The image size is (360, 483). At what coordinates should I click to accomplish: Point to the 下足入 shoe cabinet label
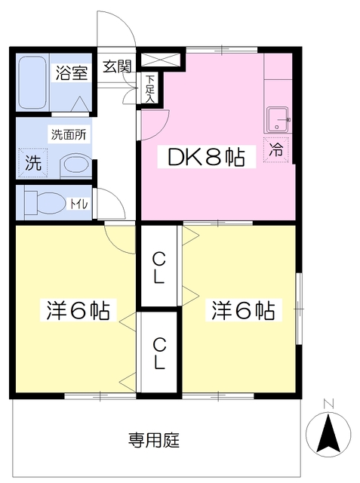tap(149, 88)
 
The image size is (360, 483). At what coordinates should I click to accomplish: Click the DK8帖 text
tap(200, 158)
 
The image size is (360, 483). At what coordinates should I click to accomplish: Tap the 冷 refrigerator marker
tap(276, 150)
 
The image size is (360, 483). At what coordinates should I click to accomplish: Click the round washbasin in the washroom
tap(74, 164)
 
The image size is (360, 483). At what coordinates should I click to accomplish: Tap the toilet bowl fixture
tap(43, 202)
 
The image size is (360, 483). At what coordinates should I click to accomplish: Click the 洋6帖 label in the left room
tap(79, 310)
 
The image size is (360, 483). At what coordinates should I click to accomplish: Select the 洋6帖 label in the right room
tap(242, 310)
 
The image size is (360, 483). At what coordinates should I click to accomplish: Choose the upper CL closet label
tap(158, 269)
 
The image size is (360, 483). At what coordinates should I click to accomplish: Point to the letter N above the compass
tap(328, 404)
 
